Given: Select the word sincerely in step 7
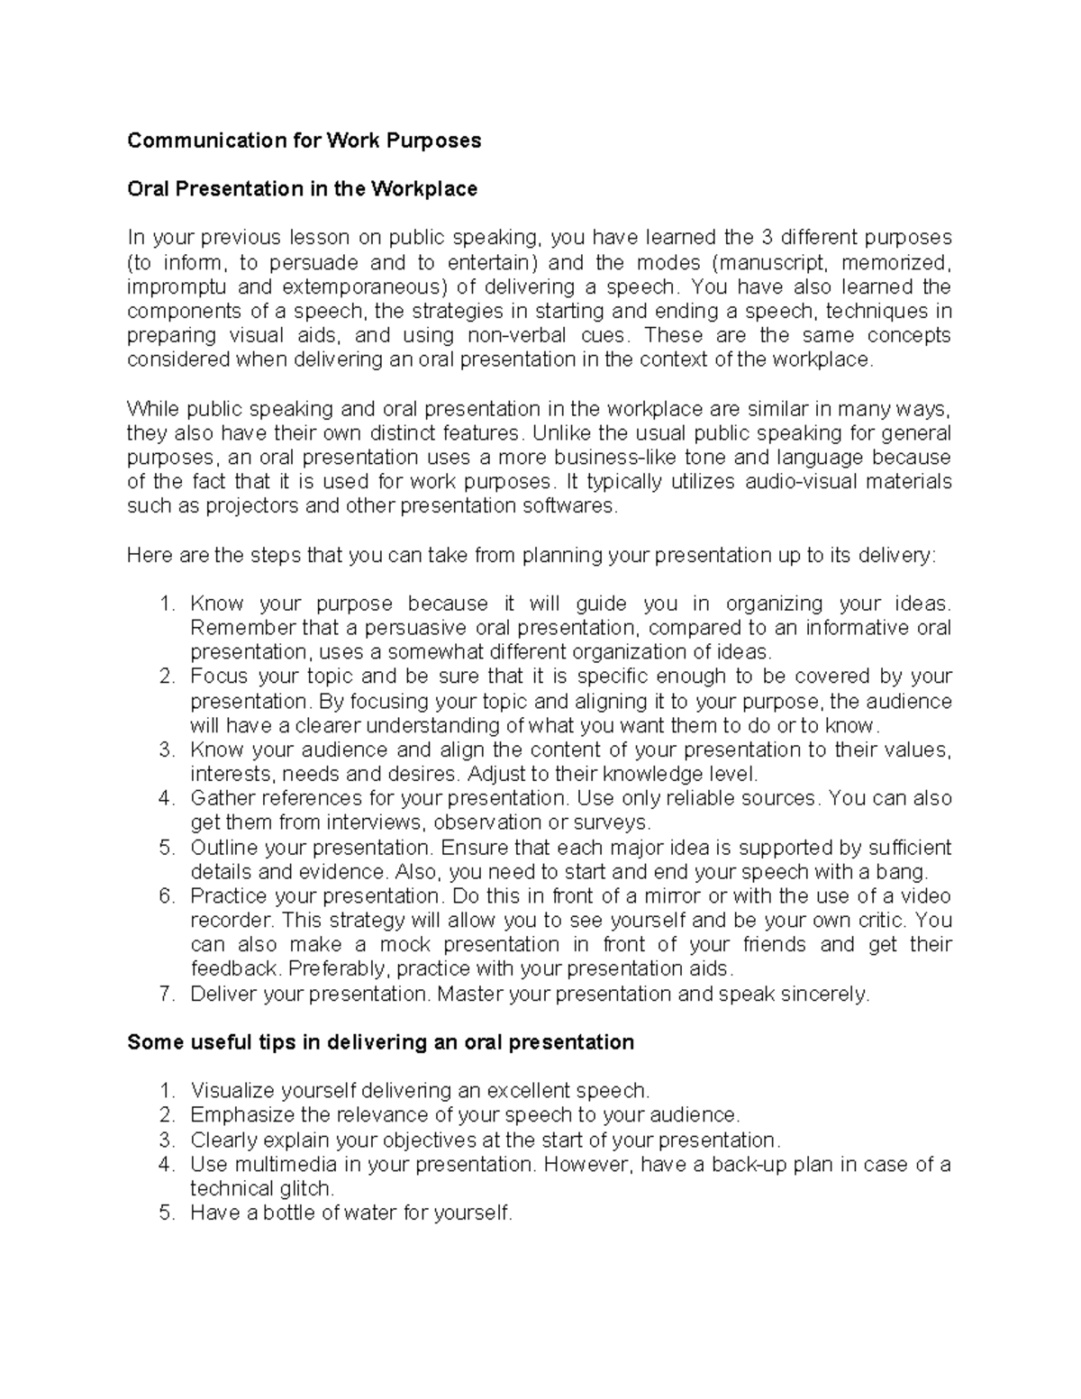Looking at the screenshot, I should (822, 995).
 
